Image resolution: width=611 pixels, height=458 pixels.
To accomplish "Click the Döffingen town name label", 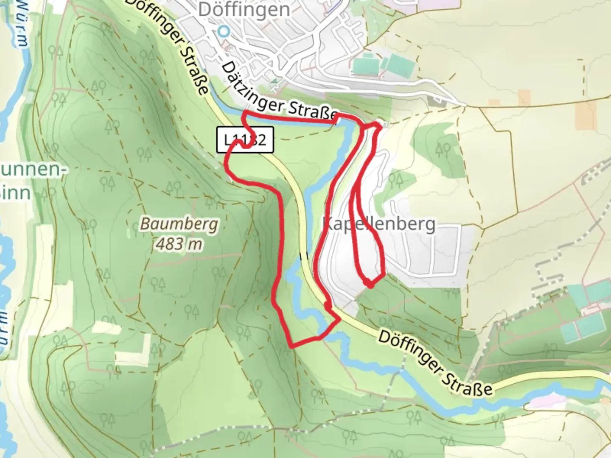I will click(244, 9).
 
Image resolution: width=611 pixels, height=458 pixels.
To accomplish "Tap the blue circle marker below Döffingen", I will click(224, 31).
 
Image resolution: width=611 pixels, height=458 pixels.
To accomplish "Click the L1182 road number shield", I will click(245, 140).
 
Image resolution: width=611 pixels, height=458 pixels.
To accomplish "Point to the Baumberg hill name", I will click(179, 223).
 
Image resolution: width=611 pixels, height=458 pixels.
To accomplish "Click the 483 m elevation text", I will click(179, 244).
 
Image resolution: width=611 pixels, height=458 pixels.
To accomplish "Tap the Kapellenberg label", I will click(379, 223).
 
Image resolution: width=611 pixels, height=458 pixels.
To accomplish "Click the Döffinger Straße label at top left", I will click(170, 45).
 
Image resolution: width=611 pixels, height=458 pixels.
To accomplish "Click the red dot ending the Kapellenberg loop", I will click(370, 285).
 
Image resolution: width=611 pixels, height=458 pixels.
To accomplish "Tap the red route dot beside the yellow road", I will click(327, 304).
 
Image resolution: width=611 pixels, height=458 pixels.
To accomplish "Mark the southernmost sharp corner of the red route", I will click(291, 346).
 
